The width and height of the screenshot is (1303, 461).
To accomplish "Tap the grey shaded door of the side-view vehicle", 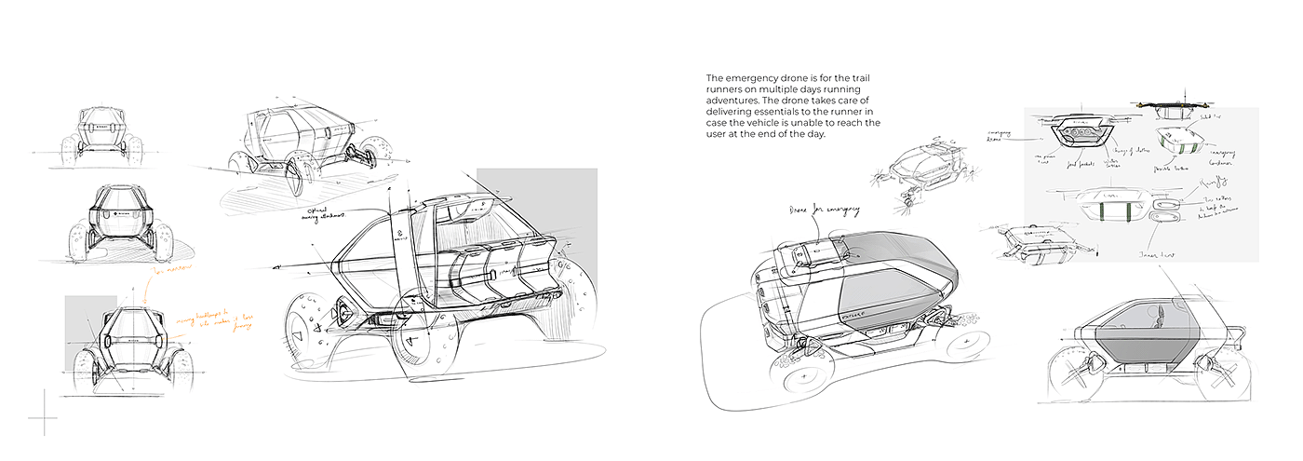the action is pos(1141,348).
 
